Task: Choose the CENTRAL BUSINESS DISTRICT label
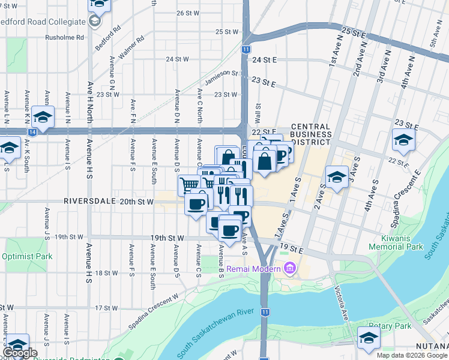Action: (x=310, y=134)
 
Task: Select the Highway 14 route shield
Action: (x=32, y=131)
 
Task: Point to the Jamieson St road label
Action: (x=221, y=73)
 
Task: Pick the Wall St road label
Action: (x=258, y=112)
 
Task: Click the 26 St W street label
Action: (x=187, y=13)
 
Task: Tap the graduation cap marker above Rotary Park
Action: (x=368, y=338)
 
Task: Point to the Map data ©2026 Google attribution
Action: (x=412, y=355)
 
